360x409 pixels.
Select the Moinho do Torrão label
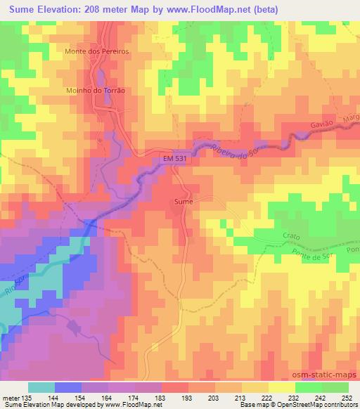point(97,91)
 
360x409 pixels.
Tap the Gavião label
point(321,127)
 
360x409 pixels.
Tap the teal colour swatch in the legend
point(41,387)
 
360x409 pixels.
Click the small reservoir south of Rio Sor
point(75,325)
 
